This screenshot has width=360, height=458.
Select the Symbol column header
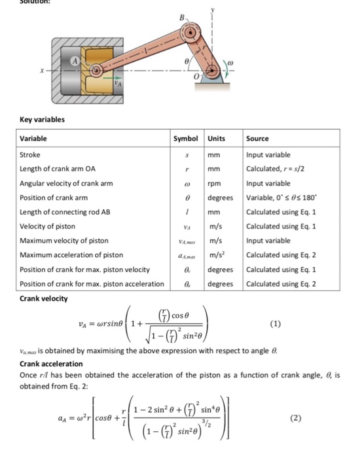[187, 139]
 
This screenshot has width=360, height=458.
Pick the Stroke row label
[30, 155]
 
